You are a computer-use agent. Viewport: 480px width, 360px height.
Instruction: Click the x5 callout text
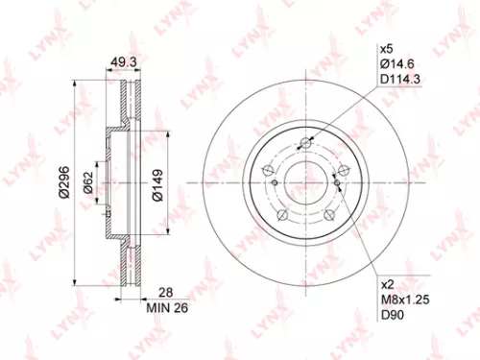click(388, 48)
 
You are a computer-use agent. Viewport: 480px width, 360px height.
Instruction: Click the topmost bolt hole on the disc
click(306, 145)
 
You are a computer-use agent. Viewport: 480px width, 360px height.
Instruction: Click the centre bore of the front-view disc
click(306, 183)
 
